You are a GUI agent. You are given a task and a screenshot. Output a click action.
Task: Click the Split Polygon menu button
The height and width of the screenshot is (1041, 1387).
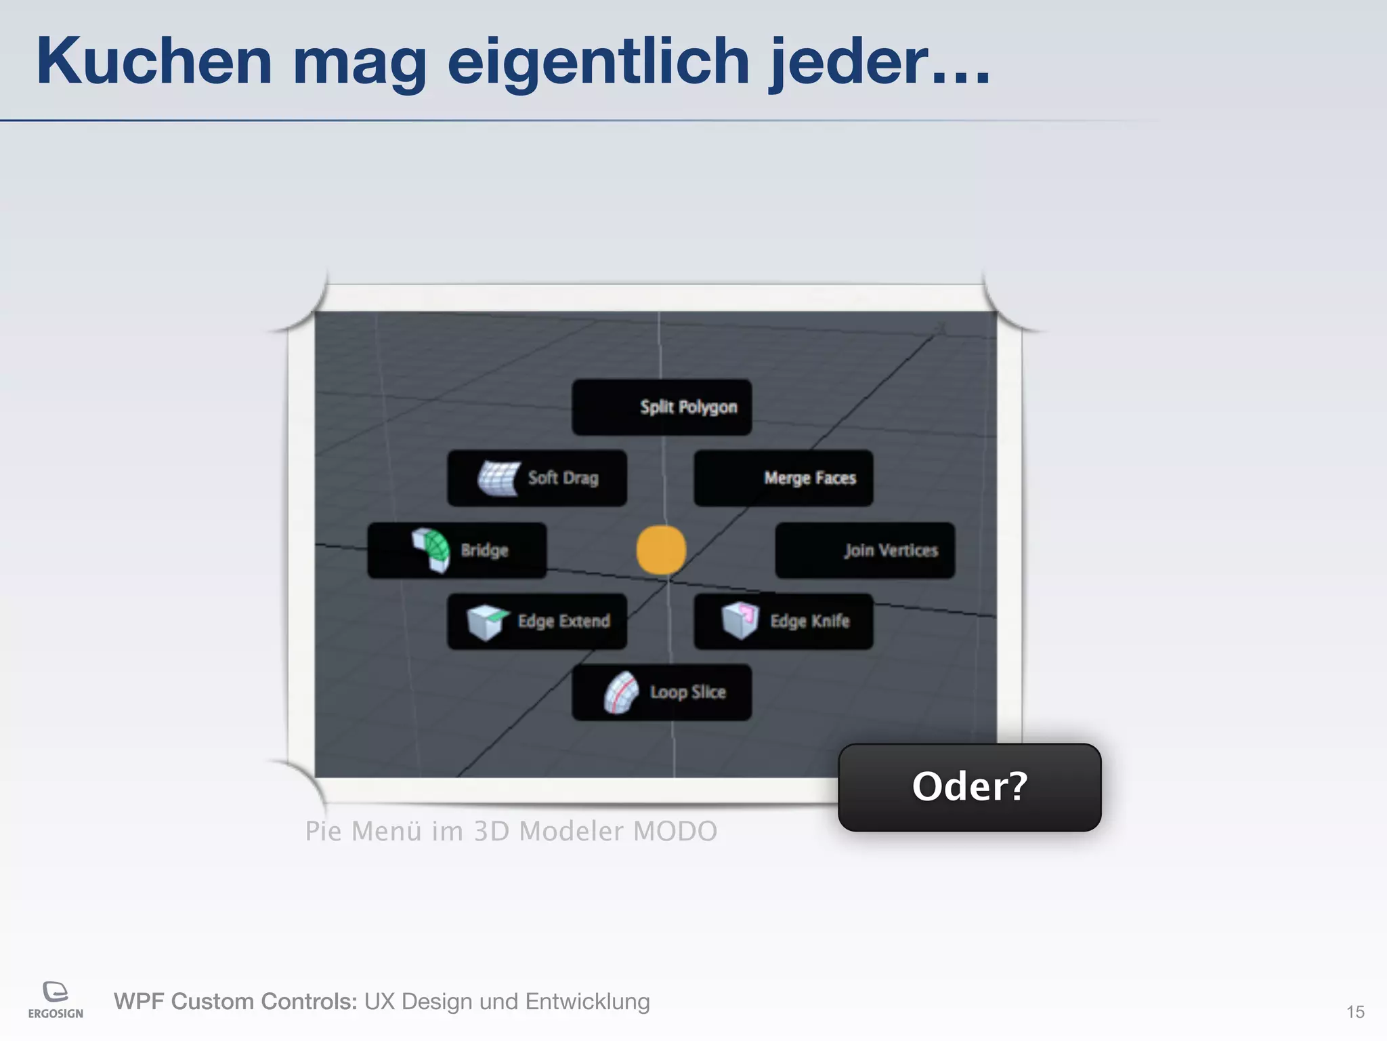point(662,407)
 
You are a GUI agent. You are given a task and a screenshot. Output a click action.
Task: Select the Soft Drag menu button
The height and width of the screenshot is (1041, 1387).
point(537,478)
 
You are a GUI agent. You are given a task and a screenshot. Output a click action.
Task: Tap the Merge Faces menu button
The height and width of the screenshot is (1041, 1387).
point(784,478)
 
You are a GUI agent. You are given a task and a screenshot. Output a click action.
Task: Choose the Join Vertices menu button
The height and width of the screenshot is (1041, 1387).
point(865,550)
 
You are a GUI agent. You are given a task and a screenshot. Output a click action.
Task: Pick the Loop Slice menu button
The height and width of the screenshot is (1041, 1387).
point(662,692)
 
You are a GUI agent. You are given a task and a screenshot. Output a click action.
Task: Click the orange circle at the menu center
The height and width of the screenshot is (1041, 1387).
point(661,550)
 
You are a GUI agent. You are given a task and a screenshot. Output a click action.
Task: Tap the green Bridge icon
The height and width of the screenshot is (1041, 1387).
point(431,549)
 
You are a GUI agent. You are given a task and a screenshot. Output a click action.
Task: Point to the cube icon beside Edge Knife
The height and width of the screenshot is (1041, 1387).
point(740,619)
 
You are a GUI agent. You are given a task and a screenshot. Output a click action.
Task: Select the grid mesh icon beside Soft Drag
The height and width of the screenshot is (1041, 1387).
point(499,477)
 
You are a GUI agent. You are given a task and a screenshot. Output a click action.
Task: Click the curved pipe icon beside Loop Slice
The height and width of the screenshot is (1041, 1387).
point(621,692)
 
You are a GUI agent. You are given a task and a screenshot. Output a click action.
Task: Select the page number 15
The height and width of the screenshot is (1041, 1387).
point(1354,1012)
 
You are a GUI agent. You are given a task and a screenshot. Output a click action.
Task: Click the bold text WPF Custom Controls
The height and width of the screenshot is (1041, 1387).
point(235,1001)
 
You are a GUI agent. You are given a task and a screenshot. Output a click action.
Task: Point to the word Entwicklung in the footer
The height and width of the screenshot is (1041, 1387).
point(587,1001)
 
